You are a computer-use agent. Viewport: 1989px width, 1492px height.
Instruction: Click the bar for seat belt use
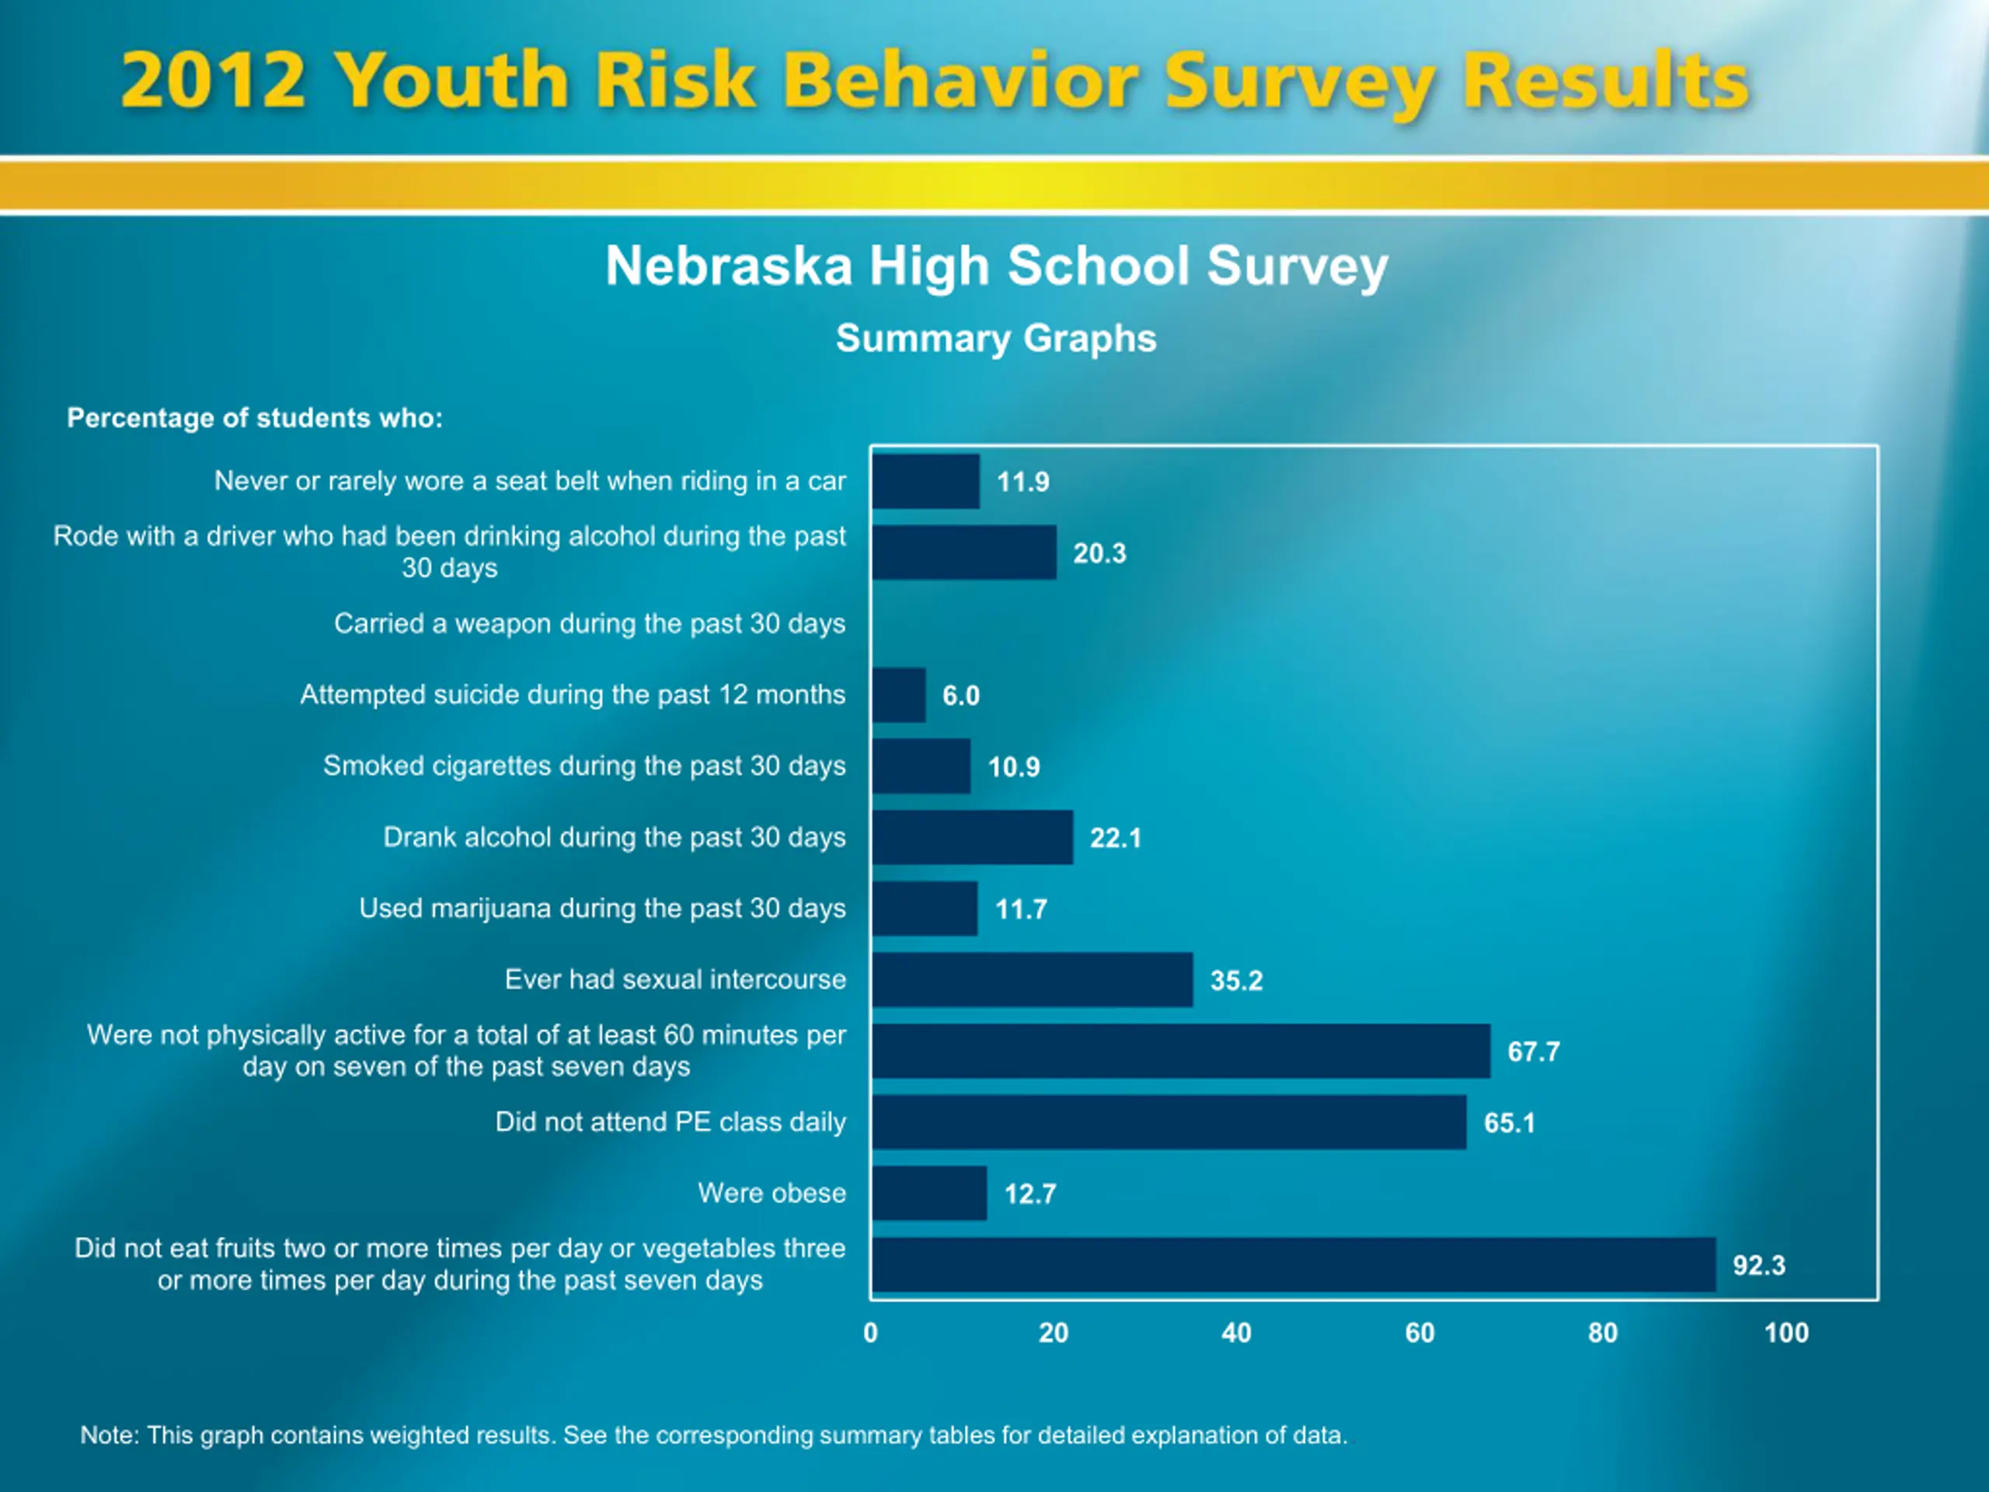925,481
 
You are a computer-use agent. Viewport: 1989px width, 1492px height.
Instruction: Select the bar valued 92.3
1294,1264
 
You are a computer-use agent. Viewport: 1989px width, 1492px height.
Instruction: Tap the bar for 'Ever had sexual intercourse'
1033,979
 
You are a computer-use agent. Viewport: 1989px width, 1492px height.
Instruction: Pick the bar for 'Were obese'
929,1194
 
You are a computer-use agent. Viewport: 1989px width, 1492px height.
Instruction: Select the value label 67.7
1534,1051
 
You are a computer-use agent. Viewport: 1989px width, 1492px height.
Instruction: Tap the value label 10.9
1014,767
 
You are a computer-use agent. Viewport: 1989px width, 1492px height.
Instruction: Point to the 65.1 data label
1510,1122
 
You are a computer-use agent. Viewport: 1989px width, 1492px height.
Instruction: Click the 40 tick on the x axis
1236,1333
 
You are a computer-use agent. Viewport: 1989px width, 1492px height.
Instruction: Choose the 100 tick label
1785,1333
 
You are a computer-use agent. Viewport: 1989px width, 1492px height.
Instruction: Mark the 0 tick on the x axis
870,1333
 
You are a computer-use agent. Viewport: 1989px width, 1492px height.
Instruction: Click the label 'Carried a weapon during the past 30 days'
590,623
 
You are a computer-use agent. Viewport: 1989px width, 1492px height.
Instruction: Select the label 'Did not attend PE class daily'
671,1121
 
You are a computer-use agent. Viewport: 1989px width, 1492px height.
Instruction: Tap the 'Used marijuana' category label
602,908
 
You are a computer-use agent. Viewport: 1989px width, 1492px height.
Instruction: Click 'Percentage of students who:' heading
256,418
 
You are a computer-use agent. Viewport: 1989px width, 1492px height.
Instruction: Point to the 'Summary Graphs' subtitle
996,339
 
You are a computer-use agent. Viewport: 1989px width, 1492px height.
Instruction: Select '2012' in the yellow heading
213,80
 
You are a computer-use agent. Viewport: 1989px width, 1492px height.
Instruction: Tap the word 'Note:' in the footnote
110,1435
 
